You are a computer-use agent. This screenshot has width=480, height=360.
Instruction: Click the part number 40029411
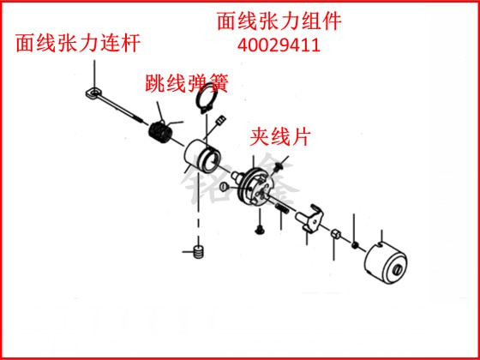[x=279, y=45]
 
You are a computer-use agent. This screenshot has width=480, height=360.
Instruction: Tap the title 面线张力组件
[x=279, y=21]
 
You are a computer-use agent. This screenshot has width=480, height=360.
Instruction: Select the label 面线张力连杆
[x=78, y=43]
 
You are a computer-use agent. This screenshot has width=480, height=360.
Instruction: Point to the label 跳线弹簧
[x=187, y=84]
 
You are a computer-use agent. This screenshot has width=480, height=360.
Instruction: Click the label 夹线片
[x=280, y=137]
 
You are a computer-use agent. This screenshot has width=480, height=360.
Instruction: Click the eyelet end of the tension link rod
[x=93, y=93]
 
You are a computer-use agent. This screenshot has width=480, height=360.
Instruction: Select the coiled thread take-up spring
[x=160, y=131]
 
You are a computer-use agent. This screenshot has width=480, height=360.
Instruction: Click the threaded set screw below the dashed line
[x=199, y=252]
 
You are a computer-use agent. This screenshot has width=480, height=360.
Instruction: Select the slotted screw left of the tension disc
[x=224, y=186]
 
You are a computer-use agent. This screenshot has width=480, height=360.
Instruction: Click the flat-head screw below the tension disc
[x=260, y=229]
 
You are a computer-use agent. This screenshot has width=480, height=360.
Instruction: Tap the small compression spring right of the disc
[x=281, y=210]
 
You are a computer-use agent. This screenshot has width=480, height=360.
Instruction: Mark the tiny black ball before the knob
[x=355, y=245]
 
